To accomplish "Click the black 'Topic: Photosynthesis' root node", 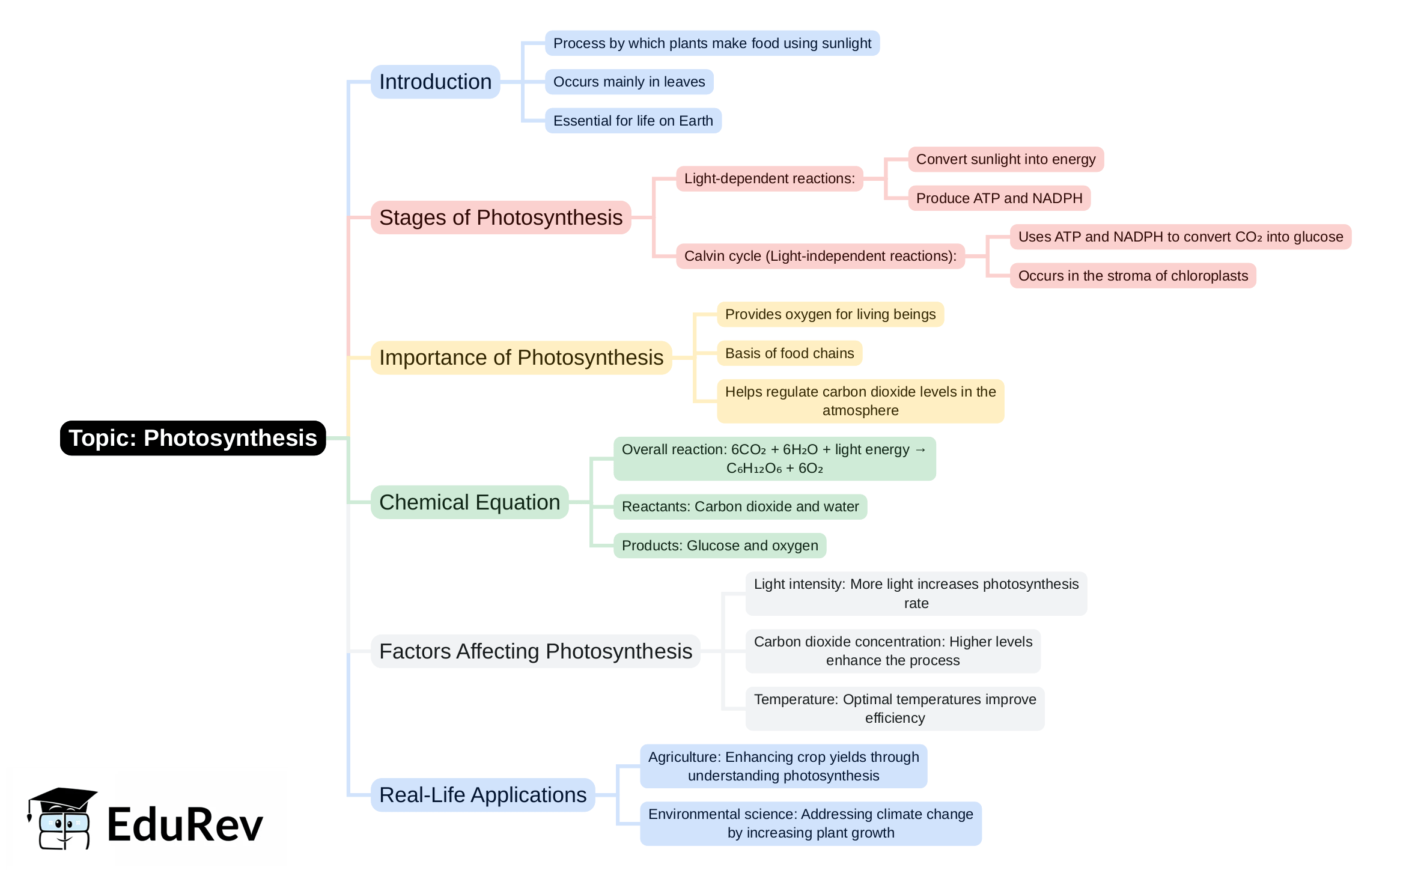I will (x=192, y=438).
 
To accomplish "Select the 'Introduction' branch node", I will (x=435, y=82).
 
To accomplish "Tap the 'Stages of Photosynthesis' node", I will (x=501, y=217).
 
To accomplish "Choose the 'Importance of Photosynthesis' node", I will (x=521, y=357).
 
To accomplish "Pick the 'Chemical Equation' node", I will (x=469, y=502).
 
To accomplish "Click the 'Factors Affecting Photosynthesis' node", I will (x=535, y=651).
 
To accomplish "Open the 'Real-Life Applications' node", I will (x=482, y=795).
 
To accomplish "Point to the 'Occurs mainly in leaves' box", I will (x=628, y=82).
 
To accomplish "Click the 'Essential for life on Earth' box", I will (x=633, y=121).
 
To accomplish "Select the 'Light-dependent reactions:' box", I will (x=769, y=178).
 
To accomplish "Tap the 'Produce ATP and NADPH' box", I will (x=999, y=198).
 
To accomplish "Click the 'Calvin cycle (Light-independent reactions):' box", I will (x=820, y=256).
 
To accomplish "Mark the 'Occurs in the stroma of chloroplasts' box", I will (x=1133, y=276).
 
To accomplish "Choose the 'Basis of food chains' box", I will (x=789, y=353).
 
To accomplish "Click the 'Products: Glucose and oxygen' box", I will (x=719, y=546).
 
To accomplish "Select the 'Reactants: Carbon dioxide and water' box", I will (x=740, y=506).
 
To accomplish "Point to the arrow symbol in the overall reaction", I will (x=921, y=449).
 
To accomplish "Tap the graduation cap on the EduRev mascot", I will (x=63, y=798).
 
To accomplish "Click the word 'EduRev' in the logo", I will (x=185, y=824).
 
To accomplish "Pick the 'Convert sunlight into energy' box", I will (x=1005, y=159).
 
